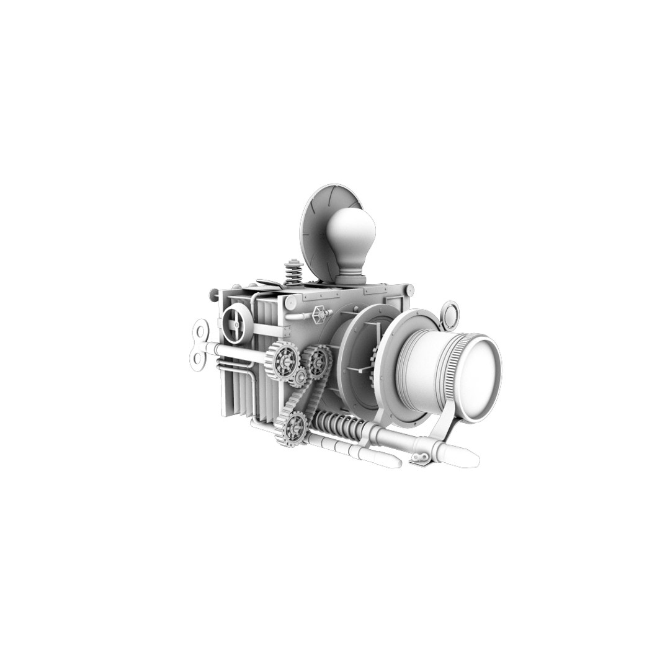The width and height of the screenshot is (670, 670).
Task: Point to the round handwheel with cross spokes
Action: (x=236, y=324)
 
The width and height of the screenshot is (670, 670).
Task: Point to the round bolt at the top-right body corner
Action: (x=409, y=289)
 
